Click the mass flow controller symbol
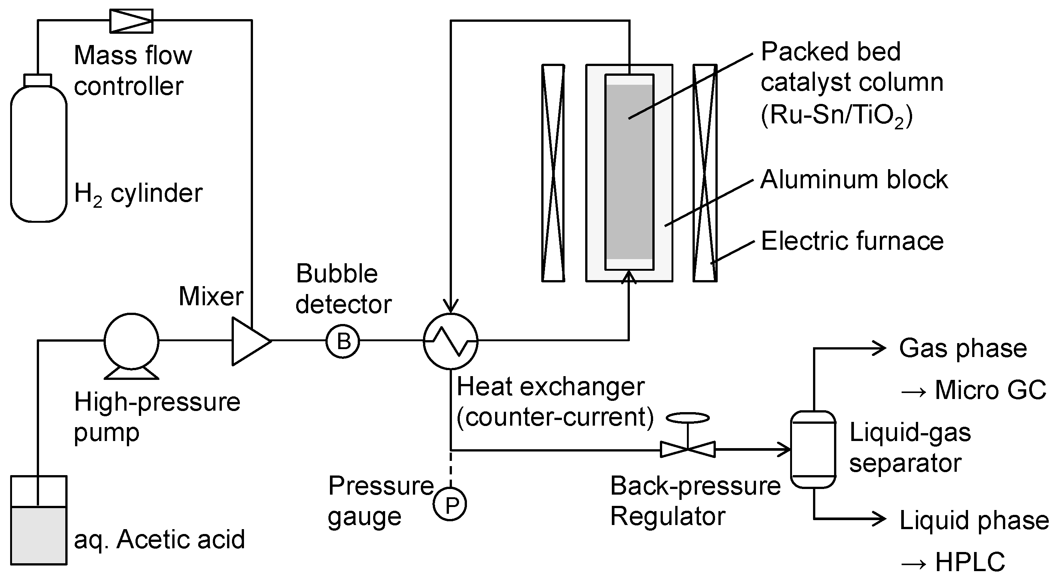pos(131,21)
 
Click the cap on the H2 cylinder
pos(38,80)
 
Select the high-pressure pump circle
pos(131,341)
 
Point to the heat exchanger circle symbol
pos(450,341)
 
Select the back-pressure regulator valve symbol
pos(688,449)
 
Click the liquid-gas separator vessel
pos(813,449)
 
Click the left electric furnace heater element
pos(553,173)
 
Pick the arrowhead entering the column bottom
pos(629,277)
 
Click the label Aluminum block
pos(854,180)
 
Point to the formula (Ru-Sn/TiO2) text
pos(837,116)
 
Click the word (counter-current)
pos(555,417)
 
